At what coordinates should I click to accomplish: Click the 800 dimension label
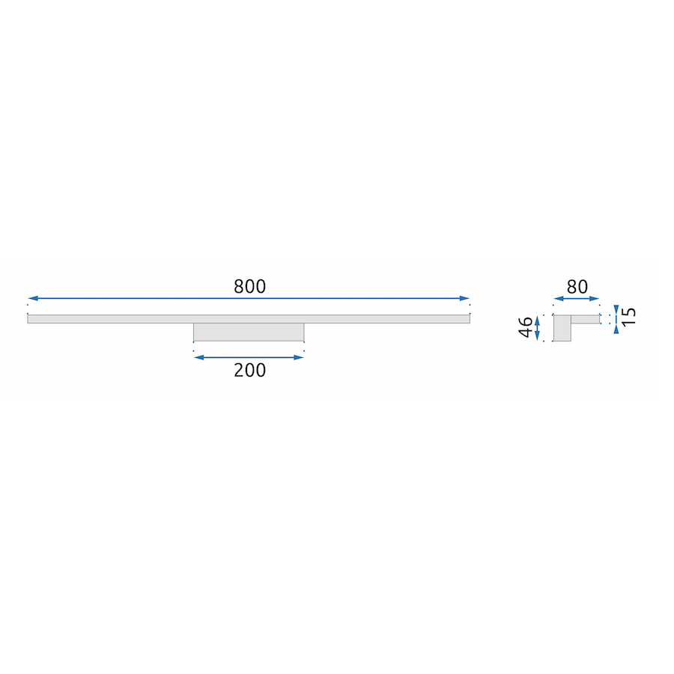249,287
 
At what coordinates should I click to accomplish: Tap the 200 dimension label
249,371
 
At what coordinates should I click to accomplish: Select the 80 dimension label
577,287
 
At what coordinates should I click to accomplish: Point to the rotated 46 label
526,327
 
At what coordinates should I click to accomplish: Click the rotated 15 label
628,316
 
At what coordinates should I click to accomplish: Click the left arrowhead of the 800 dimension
33,298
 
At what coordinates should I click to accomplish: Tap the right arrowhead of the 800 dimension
464,298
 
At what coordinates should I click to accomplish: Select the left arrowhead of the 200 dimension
199,358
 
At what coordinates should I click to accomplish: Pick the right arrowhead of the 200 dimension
299,358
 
